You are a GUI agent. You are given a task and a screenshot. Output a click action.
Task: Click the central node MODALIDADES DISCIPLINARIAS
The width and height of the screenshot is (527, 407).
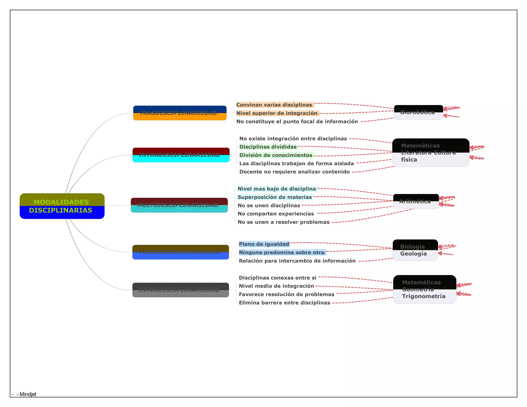pyautogui.click(x=62, y=206)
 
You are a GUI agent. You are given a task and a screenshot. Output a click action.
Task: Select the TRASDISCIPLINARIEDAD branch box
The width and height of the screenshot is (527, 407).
pyautogui.click(x=180, y=113)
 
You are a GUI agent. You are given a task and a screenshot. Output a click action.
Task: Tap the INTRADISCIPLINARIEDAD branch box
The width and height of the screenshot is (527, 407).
pyautogui.click(x=181, y=155)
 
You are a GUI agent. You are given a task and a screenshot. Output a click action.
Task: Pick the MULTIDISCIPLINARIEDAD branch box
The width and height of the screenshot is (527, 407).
pyautogui.click(x=179, y=205)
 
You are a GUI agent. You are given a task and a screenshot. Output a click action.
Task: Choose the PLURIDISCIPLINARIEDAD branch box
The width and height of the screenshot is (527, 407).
pyautogui.click(x=180, y=252)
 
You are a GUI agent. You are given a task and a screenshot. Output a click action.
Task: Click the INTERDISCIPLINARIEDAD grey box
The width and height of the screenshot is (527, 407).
pyautogui.click(x=180, y=290)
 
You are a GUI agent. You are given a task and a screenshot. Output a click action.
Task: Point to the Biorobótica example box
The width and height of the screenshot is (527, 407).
pyautogui.click(x=418, y=112)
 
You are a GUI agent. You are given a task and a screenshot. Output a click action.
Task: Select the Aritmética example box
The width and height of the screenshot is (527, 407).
pyautogui.click(x=416, y=201)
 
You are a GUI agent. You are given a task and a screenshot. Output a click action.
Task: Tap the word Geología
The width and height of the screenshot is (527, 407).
pyautogui.click(x=413, y=254)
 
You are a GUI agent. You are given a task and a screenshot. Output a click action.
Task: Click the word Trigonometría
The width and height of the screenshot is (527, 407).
pyautogui.click(x=424, y=296)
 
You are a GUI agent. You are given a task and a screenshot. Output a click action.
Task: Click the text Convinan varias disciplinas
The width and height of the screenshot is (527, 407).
pyautogui.click(x=274, y=105)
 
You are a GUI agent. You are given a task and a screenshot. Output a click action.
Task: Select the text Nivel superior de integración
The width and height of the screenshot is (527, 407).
pyautogui.click(x=277, y=113)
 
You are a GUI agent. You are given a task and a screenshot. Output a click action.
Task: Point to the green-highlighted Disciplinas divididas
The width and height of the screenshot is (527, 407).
pyautogui.click(x=268, y=147)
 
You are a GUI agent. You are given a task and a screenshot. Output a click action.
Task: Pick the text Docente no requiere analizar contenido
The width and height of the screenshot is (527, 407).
pyautogui.click(x=294, y=172)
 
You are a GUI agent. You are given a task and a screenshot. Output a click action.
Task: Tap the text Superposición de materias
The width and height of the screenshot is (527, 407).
pyautogui.click(x=275, y=197)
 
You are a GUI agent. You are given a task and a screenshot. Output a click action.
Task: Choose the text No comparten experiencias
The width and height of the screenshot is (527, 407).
pyautogui.click(x=276, y=214)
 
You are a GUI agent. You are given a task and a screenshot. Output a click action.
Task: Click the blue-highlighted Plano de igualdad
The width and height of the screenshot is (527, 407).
pyautogui.click(x=264, y=244)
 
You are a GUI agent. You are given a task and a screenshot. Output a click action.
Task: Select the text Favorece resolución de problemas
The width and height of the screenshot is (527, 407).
pyautogui.click(x=286, y=294)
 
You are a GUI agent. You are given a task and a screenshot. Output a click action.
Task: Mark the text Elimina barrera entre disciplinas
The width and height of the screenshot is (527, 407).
pyautogui.click(x=284, y=303)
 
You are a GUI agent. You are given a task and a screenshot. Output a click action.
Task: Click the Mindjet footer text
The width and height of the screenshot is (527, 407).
pyautogui.click(x=28, y=394)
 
